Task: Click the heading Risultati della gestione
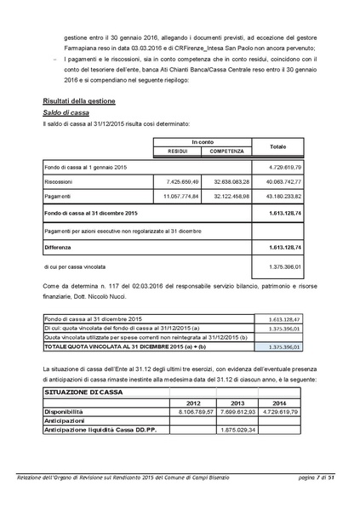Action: click(x=82, y=100)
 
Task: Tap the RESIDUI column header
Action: click(x=177, y=151)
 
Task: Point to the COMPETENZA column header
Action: click(x=226, y=151)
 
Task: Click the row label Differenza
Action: click(x=61, y=247)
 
